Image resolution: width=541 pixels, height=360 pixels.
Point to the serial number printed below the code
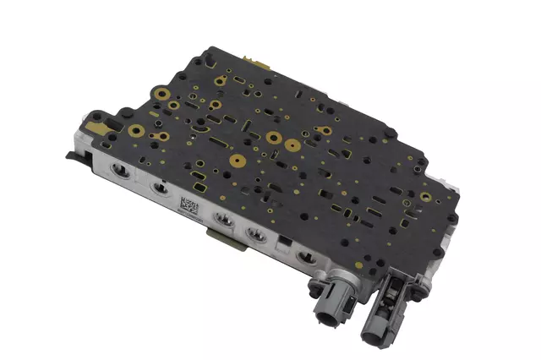tap(191, 217)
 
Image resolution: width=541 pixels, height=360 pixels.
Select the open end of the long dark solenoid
tap(375, 331)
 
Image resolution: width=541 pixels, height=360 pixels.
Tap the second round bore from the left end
tap(155, 188)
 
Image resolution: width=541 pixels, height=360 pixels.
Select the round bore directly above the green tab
tap(225, 221)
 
